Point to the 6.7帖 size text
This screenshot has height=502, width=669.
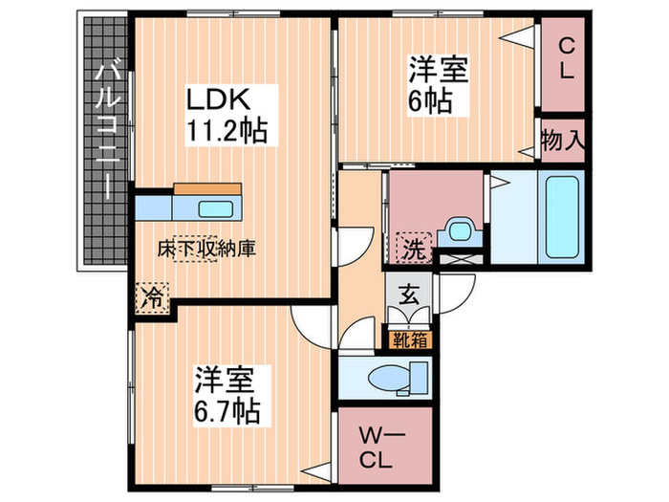click(227, 412)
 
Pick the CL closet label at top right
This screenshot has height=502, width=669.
click(566, 56)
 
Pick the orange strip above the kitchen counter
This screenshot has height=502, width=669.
click(210, 188)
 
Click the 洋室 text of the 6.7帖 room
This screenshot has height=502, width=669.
click(226, 380)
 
